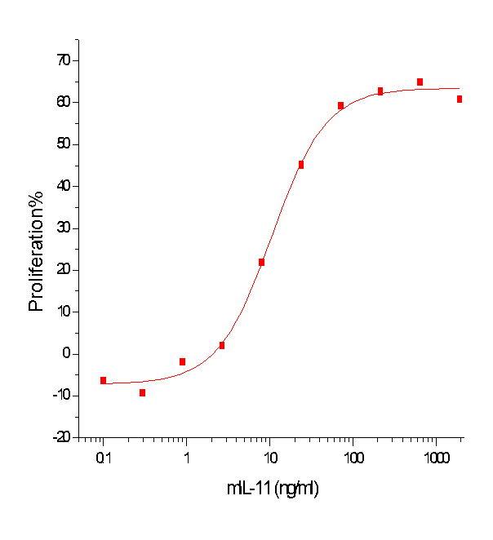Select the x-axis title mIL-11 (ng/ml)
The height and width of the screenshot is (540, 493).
pos(272,489)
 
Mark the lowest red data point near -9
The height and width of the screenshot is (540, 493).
pos(142,392)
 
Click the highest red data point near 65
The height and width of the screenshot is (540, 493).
pos(420,82)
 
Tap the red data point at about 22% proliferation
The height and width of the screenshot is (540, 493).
pos(261,262)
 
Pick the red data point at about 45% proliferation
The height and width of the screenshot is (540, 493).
pos(301,165)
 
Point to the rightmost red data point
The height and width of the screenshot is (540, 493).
pos(460,99)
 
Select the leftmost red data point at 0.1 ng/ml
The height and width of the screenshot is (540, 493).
pos(103,380)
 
